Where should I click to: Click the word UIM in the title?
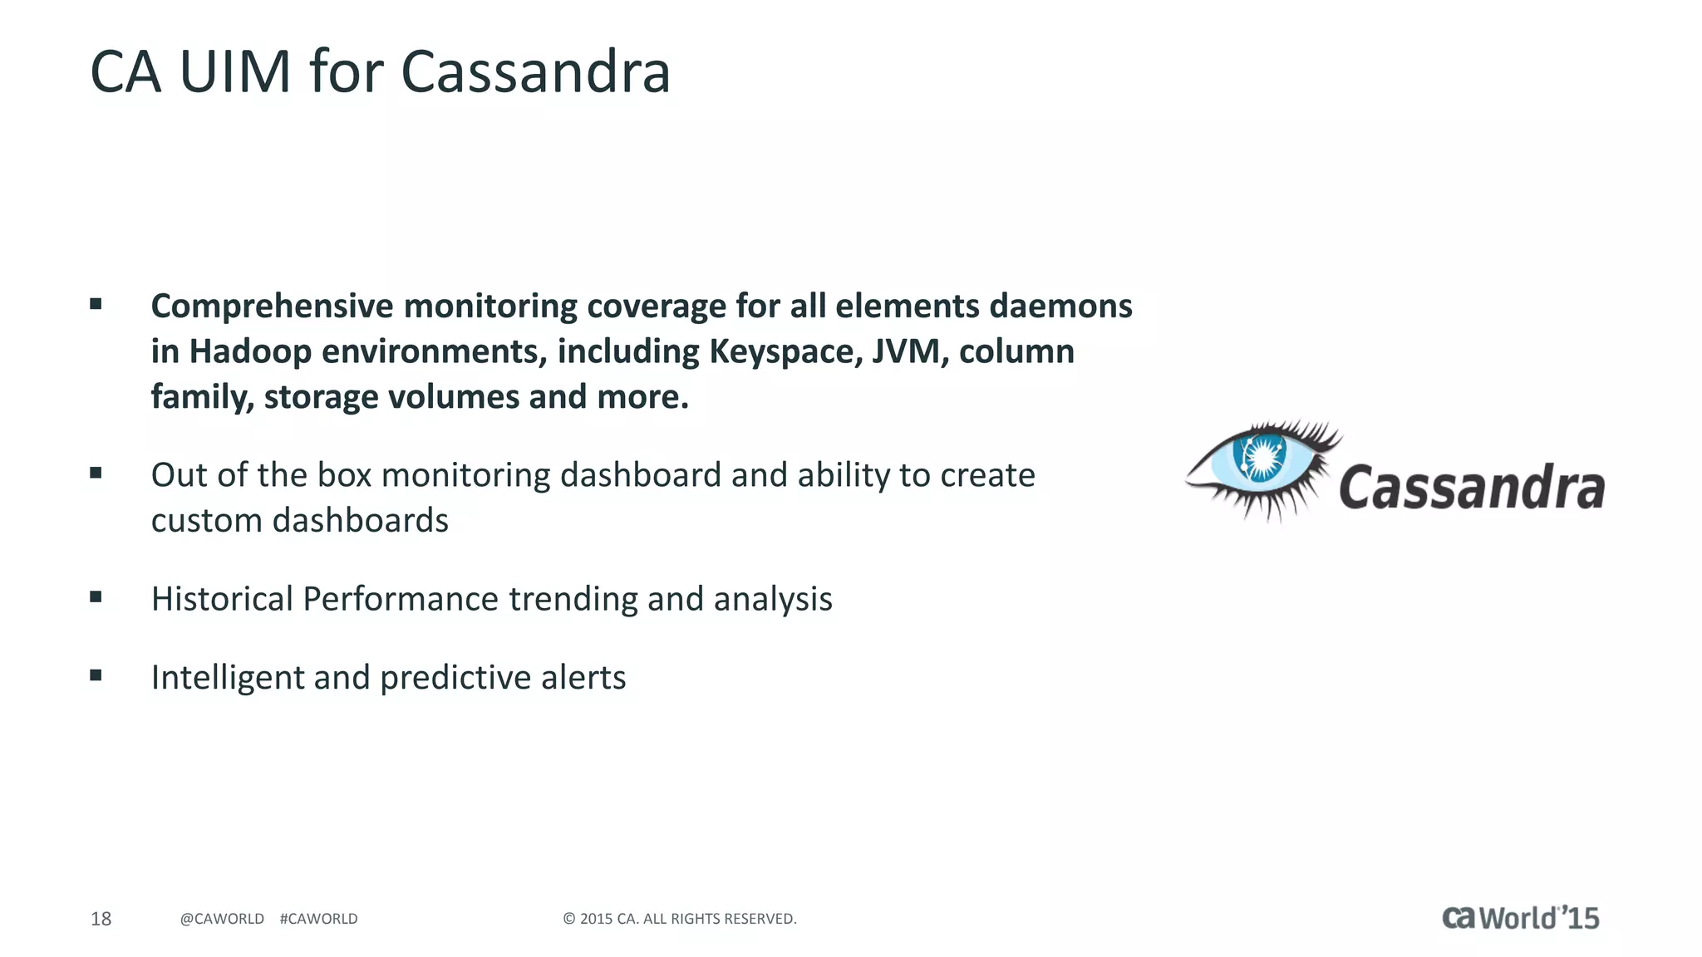click(234, 72)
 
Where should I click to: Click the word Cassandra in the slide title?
click(535, 72)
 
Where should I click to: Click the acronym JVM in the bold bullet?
click(910, 352)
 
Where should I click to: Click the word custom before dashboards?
click(207, 521)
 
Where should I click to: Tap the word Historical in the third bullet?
click(222, 599)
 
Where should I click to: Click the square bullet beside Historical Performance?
click(96, 596)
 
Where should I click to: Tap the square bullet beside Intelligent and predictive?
click(96, 675)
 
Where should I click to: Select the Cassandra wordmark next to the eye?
click(1471, 488)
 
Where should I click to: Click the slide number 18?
click(101, 919)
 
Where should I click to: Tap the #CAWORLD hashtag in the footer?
click(318, 919)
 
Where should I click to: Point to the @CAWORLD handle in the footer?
click(222, 919)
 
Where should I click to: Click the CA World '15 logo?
click(1520, 918)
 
